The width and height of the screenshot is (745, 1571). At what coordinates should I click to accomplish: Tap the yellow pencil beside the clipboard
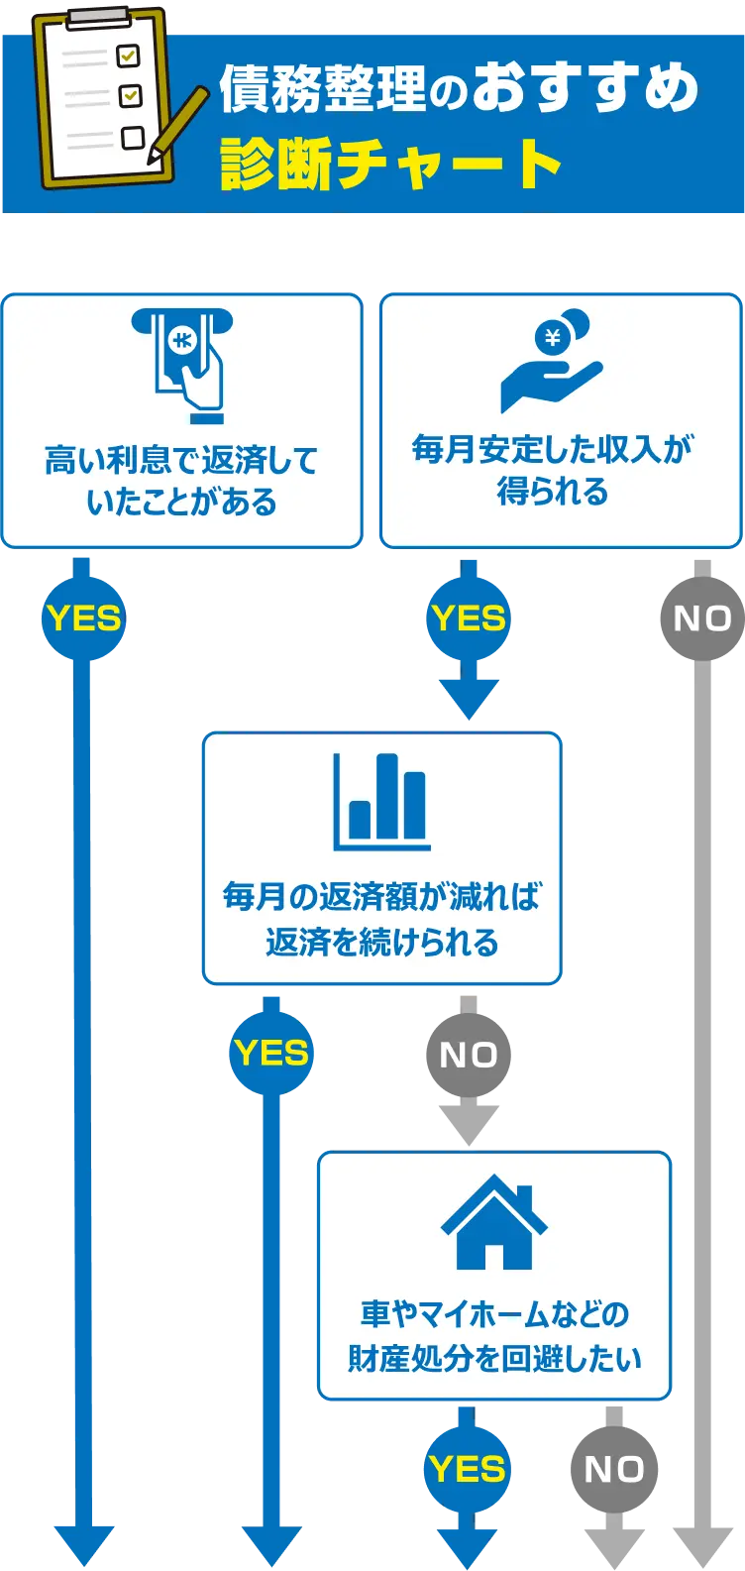click(x=179, y=124)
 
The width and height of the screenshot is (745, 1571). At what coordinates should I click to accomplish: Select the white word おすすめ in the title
click(x=585, y=90)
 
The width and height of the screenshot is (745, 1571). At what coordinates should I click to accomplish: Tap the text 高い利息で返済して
click(x=181, y=461)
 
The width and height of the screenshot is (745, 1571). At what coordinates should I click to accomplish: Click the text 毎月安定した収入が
click(x=553, y=449)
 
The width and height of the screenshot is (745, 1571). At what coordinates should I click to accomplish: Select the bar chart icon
click(x=381, y=803)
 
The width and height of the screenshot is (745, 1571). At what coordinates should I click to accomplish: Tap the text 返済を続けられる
click(x=381, y=942)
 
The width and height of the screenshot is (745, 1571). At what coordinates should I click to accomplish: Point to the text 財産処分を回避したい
click(x=494, y=1358)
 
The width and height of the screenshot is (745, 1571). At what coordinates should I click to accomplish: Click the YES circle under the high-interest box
click(x=83, y=618)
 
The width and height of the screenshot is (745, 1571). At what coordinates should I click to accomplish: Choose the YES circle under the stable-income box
click(x=469, y=618)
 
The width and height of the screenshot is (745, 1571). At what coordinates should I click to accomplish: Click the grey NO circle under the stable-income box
click(x=701, y=618)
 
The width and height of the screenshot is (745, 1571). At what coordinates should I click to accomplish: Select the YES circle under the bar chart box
click(x=271, y=1053)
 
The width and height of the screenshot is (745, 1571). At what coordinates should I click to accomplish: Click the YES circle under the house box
click(x=467, y=1469)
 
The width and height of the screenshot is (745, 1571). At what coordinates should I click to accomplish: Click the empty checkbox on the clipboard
click(x=132, y=137)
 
